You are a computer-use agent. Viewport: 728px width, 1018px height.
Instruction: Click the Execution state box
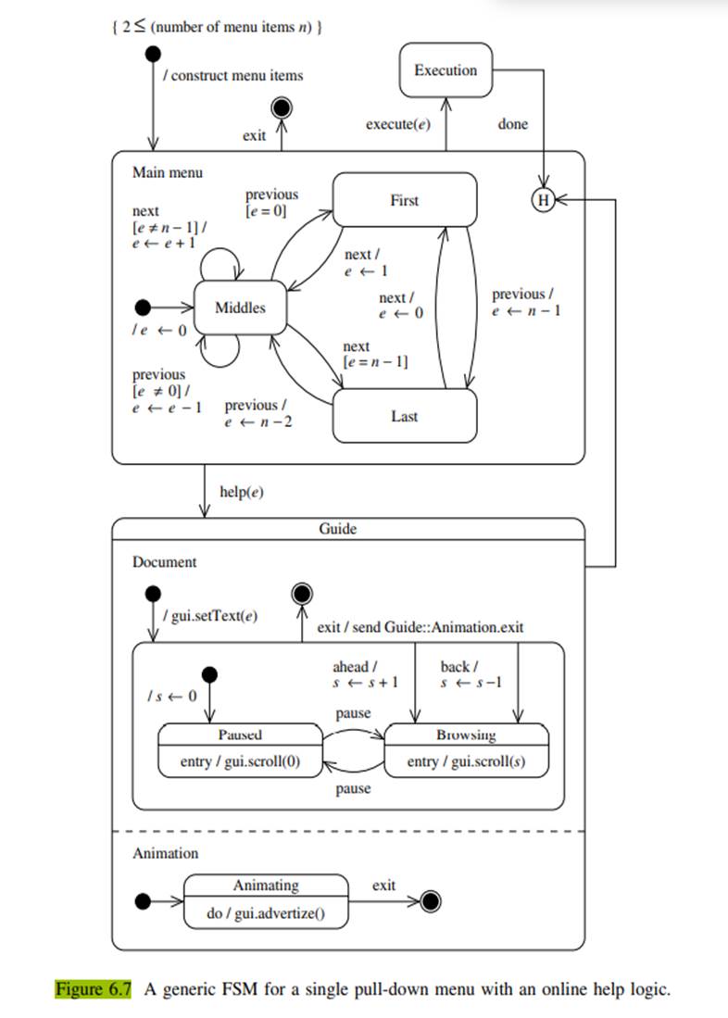coord(445,71)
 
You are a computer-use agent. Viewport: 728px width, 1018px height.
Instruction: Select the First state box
coord(404,201)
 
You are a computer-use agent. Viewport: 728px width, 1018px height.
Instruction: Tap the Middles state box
coord(240,308)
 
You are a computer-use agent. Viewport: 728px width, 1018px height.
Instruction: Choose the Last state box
coord(404,417)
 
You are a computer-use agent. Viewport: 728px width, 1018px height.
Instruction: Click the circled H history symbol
coord(542,198)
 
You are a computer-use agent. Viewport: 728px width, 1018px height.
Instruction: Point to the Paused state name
coord(240,735)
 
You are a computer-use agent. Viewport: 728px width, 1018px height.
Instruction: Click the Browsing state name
coord(466,735)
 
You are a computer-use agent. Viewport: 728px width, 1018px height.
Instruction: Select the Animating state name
coord(266,886)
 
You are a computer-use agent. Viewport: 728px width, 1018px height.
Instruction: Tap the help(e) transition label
coord(242,492)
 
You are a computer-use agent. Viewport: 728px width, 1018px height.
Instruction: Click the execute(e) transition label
coord(398,124)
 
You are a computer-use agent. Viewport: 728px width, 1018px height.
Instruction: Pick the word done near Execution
coord(512,124)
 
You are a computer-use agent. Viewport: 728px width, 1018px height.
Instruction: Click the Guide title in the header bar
coord(337,529)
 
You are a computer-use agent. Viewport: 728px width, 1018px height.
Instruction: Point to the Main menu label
coord(167,172)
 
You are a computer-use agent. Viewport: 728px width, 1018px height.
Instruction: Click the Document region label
coord(164,562)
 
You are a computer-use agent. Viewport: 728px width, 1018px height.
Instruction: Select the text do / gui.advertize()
coord(266,913)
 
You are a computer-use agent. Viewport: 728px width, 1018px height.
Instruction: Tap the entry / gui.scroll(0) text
coord(240,762)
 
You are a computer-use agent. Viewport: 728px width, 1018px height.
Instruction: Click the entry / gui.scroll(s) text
coord(466,762)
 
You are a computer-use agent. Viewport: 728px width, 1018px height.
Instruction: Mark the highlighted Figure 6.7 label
coord(93,989)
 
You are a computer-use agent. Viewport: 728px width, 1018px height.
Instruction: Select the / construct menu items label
coord(232,75)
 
